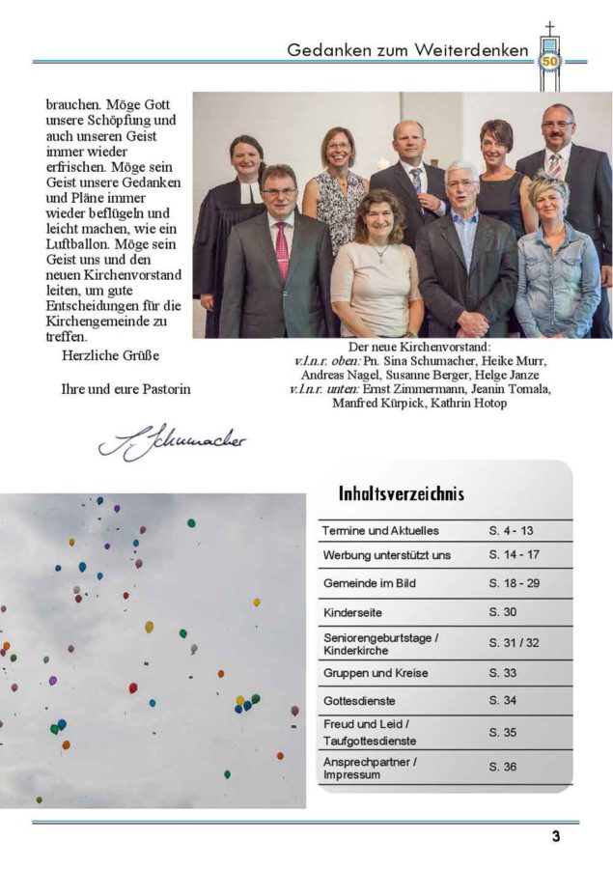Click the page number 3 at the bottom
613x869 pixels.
(555, 837)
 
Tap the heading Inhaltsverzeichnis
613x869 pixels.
(401, 494)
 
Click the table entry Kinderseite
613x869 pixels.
(352, 612)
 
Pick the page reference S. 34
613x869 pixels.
(503, 700)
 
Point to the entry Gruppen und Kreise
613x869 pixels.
(376, 673)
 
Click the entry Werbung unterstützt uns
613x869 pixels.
(386, 556)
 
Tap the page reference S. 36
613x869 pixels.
(503, 768)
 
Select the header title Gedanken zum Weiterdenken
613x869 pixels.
(407, 49)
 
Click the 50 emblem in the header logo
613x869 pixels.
(550, 61)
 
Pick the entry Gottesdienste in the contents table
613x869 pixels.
(359, 700)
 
